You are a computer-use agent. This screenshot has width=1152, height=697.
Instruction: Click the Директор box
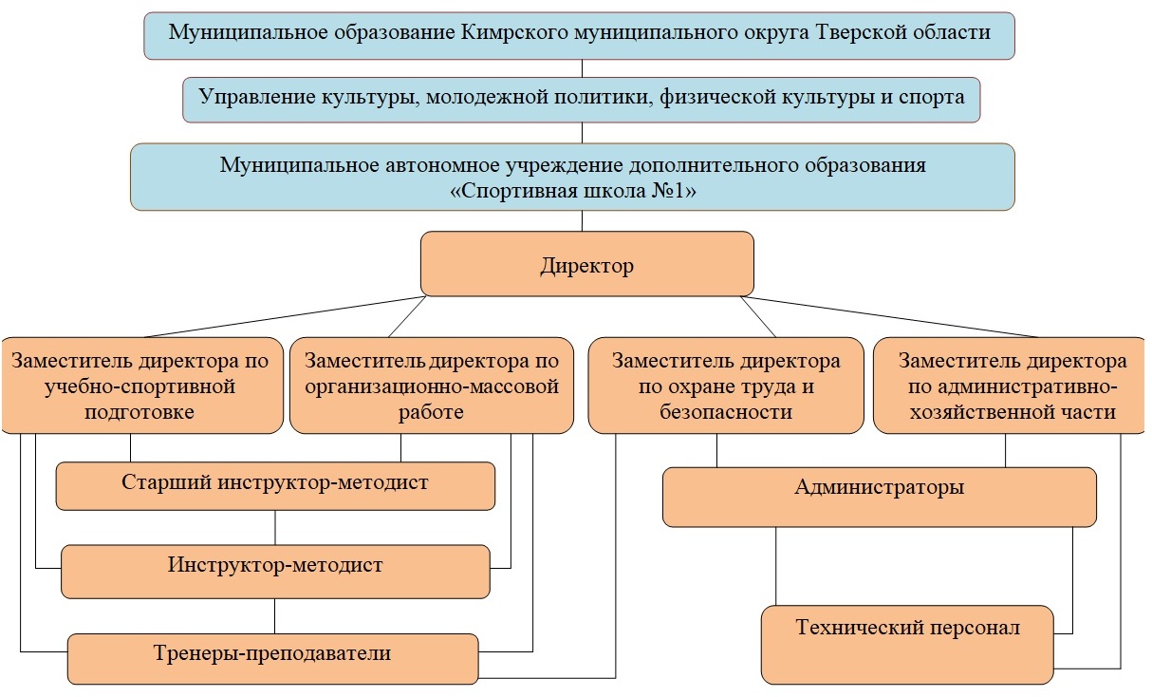[x=586, y=264]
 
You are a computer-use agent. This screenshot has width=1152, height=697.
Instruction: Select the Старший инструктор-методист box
[x=275, y=486]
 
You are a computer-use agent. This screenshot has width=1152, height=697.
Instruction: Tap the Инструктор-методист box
[x=275, y=572]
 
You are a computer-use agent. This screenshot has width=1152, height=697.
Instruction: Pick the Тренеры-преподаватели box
[x=272, y=659]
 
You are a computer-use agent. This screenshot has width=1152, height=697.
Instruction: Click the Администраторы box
[x=880, y=497]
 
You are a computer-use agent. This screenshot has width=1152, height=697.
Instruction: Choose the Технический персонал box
[x=907, y=645]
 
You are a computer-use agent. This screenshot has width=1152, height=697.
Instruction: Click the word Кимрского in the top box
[x=514, y=32]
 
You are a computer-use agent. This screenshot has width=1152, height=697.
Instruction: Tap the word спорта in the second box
[x=931, y=97]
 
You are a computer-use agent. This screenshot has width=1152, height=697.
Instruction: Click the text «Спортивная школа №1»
[x=573, y=191]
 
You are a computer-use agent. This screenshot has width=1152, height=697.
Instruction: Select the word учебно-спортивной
[x=139, y=386]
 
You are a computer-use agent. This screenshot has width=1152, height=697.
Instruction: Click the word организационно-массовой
[x=432, y=386]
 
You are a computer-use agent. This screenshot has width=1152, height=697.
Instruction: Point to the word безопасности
[x=726, y=412]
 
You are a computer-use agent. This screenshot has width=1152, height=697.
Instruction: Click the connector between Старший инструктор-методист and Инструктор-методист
[x=275, y=528]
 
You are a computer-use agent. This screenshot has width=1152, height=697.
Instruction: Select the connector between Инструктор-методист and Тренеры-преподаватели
[x=274, y=615]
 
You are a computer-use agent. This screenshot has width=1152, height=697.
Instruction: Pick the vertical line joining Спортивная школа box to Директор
[x=583, y=221]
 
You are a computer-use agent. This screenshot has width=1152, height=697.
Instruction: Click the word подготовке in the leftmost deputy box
[x=139, y=412]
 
